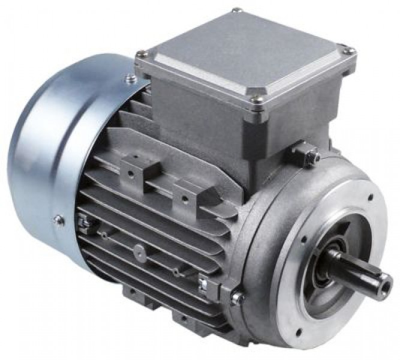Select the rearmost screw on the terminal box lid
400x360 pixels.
236,10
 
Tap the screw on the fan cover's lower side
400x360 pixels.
58,220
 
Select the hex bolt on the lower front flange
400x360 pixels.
235,295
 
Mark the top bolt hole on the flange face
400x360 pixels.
367,196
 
